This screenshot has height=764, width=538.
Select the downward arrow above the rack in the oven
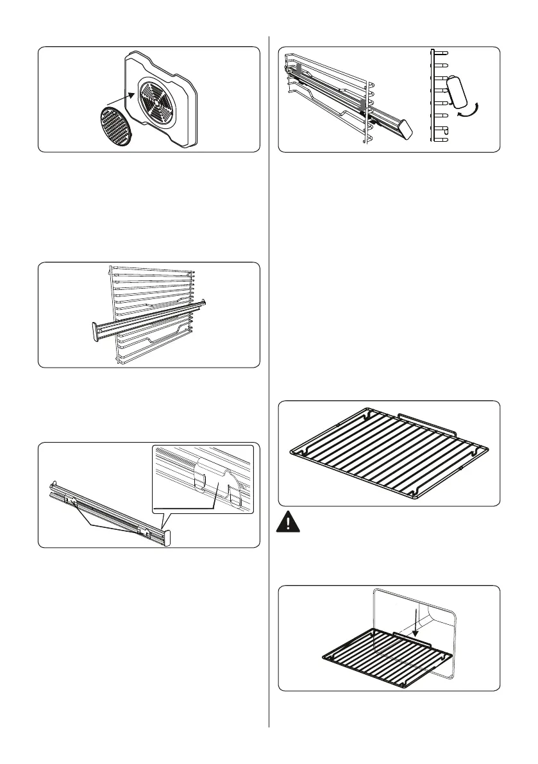click(x=416, y=622)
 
